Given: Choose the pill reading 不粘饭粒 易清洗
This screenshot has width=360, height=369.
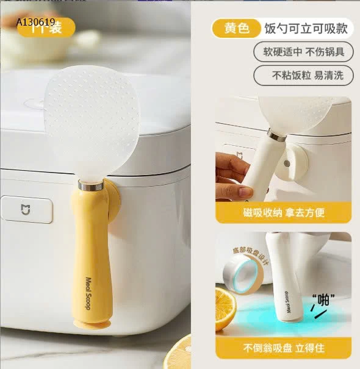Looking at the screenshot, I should (304, 76).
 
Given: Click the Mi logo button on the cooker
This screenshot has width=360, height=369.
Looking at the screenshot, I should (27, 209).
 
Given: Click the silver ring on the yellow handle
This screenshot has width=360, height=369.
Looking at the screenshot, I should (91, 185).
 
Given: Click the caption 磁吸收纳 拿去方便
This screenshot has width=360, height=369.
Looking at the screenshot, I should (283, 212).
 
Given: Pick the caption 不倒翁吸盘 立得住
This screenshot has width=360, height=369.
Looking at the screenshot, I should (283, 348).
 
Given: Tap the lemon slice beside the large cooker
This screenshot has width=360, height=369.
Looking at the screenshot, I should (179, 354).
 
